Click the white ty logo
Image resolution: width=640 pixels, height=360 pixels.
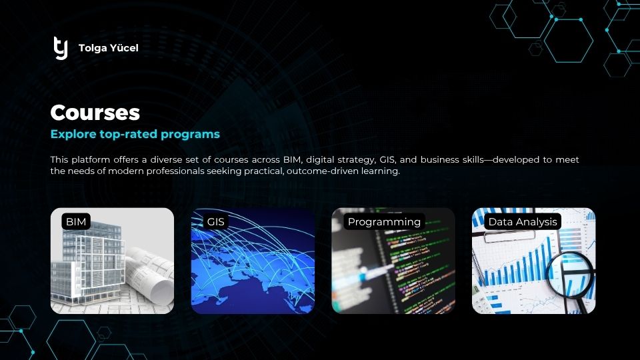click(x=61, y=48)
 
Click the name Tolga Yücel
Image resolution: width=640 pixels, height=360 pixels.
click(x=108, y=48)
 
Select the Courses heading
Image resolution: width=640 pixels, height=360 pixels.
click(x=95, y=112)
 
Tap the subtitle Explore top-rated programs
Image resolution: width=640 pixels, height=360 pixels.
click(x=135, y=134)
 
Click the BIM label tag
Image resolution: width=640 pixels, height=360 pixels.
click(x=76, y=221)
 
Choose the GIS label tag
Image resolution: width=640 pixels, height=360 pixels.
click(x=215, y=221)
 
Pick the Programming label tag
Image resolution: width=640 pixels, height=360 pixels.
click(x=384, y=221)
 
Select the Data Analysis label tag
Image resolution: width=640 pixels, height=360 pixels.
click(x=523, y=221)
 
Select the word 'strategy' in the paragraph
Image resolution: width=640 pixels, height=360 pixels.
click(x=356, y=160)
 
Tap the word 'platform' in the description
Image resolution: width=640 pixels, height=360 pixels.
click(x=91, y=160)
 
